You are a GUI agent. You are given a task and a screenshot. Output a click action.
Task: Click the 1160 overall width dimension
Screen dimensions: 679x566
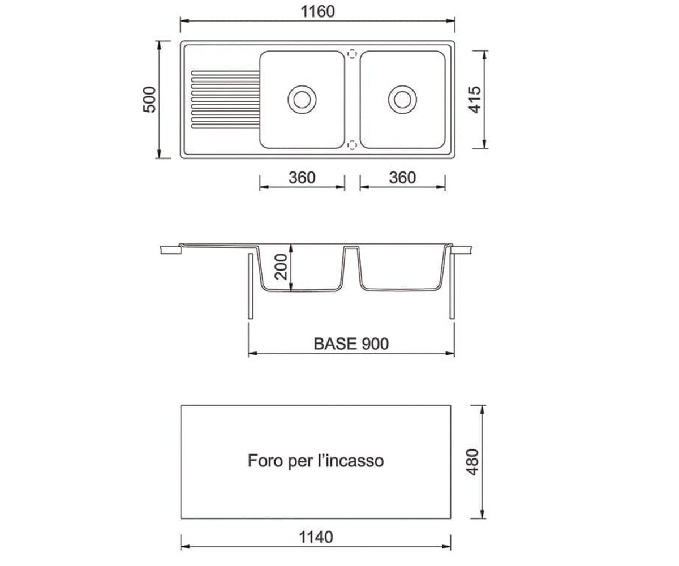(317, 12)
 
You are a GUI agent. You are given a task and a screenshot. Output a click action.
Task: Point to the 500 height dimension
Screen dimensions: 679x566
(149, 100)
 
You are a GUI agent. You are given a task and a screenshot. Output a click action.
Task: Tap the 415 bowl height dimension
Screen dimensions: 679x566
(475, 100)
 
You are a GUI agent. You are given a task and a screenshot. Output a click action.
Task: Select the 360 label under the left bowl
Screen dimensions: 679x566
(302, 178)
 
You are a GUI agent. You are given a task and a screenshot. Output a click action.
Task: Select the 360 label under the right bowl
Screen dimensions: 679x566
(402, 178)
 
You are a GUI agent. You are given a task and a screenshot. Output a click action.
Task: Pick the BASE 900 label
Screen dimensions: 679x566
(351, 344)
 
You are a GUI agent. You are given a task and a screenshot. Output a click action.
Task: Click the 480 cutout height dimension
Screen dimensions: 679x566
(472, 462)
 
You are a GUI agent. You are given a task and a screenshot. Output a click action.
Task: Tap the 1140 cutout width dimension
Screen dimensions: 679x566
(316, 537)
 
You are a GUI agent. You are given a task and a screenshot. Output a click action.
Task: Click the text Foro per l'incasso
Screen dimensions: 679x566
(316, 461)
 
